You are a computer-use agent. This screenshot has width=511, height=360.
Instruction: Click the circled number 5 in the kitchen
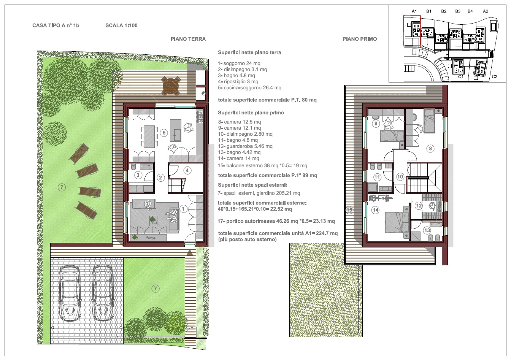tap(164, 133)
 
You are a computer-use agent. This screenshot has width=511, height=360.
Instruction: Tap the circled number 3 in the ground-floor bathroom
tap(138, 175)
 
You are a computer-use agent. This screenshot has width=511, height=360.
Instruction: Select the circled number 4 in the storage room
tap(187, 170)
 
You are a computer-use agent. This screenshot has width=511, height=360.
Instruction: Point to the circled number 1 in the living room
tap(183, 209)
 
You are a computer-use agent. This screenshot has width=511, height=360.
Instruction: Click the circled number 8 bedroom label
tap(430, 149)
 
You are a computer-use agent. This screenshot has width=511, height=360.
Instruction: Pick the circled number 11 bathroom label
tap(377, 177)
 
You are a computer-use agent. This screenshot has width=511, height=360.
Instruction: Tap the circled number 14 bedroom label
tap(376, 210)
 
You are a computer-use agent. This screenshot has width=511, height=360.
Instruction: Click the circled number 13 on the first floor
tap(427, 230)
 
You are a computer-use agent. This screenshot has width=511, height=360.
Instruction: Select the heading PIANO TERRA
tap(188, 39)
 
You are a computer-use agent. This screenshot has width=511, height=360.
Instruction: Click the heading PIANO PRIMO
tap(360, 39)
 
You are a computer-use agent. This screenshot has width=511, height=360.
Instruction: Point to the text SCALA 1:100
tap(121, 25)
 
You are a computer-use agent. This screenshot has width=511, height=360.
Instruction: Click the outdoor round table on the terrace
tap(171, 86)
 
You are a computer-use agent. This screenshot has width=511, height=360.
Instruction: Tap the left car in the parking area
tap(70, 293)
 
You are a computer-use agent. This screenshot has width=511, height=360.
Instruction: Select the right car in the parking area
tap(103, 293)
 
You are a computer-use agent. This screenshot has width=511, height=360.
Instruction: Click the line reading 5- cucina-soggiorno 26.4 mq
tap(249, 87)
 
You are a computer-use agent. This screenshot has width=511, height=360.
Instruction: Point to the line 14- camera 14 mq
tap(238, 158)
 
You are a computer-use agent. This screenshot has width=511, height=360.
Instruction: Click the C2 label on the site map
tap(494, 77)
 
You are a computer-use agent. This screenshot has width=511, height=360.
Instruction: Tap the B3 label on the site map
tap(458, 11)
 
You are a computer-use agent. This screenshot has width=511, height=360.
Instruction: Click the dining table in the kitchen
tap(149, 136)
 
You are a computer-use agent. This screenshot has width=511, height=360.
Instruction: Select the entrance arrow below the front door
tap(190, 252)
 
